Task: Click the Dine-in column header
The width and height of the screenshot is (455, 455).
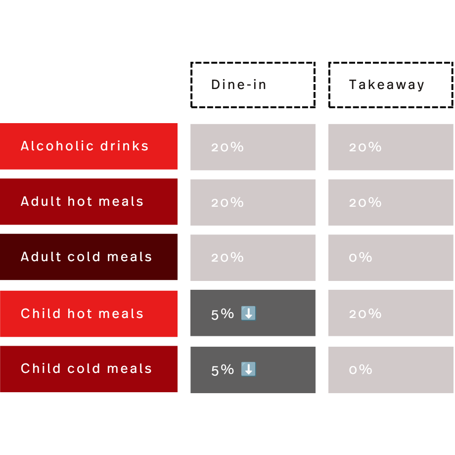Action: [x=253, y=85]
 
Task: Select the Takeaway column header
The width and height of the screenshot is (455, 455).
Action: [x=391, y=85]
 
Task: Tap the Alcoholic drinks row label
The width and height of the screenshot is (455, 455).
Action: [x=89, y=146]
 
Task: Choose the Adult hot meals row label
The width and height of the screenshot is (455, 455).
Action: [x=89, y=202]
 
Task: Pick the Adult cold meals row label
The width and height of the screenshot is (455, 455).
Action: [x=89, y=257]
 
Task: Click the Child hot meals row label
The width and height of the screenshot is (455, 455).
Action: [x=89, y=314]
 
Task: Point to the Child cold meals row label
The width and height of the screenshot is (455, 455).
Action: [x=89, y=369]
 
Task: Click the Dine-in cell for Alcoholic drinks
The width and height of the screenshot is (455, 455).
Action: [x=253, y=147]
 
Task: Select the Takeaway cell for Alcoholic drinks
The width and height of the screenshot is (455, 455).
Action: [x=391, y=147]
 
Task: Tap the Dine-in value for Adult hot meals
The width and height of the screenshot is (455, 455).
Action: [x=227, y=203]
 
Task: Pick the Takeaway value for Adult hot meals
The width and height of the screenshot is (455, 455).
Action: [x=365, y=203]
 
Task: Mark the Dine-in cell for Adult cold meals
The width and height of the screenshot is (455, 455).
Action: [x=253, y=258]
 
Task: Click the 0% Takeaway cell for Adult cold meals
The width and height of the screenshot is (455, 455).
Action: [x=391, y=258]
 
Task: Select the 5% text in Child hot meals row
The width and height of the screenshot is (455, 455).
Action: [x=222, y=314]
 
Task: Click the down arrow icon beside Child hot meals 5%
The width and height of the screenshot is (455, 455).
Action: [x=248, y=314]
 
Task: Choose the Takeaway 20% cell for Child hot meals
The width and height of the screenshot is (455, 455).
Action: [x=391, y=313]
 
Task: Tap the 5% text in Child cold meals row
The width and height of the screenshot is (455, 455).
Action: [x=222, y=370]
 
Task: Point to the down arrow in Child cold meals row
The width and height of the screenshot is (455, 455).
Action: [x=248, y=369]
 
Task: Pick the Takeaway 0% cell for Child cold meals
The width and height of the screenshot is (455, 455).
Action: [x=391, y=370]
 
